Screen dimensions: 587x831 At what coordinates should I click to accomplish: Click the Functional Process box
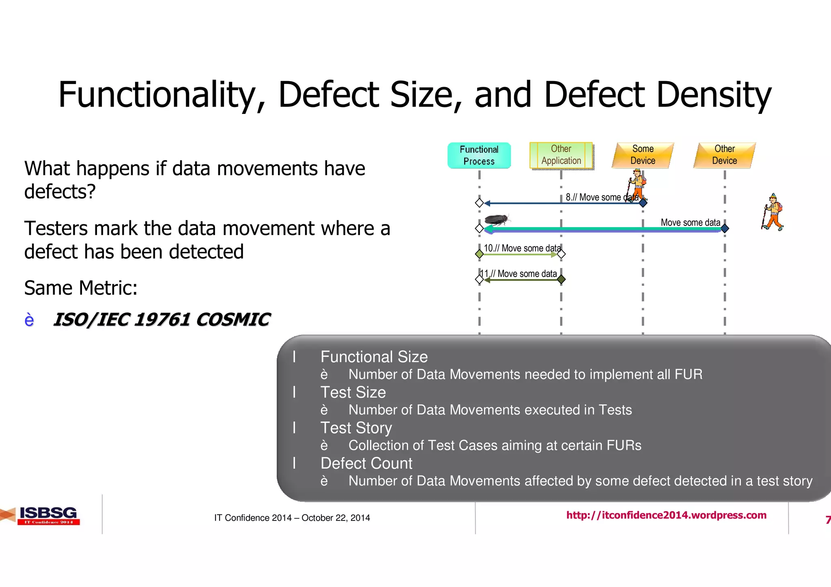(479, 155)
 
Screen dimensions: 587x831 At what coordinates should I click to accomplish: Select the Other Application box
(561, 155)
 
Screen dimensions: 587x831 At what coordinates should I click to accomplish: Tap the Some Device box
(643, 155)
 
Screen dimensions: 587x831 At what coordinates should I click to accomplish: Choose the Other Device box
(725, 155)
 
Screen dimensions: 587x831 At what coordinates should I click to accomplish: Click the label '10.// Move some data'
(522, 248)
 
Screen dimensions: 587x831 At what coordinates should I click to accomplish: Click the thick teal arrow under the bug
(601, 229)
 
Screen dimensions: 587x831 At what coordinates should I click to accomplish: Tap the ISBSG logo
(48, 515)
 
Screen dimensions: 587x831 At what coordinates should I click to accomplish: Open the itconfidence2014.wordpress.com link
(666, 515)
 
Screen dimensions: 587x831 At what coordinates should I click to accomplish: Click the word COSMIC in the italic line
(233, 320)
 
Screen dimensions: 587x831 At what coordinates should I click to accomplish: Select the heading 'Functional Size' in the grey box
(374, 357)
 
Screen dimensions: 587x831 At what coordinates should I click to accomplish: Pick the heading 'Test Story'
(356, 428)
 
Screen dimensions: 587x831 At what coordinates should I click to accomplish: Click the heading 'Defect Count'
(366, 463)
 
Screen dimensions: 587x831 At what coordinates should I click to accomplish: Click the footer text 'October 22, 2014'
(336, 518)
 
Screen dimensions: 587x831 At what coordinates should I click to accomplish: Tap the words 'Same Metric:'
(81, 288)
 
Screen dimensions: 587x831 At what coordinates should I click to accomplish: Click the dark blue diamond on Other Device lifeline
(725, 229)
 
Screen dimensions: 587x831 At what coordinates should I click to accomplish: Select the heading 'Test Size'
(353, 392)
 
